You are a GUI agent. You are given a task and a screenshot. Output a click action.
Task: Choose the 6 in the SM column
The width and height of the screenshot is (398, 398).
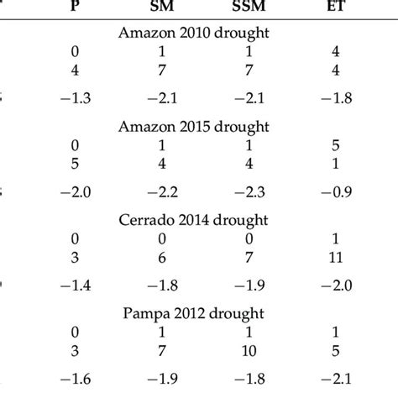(x=170, y=255)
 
